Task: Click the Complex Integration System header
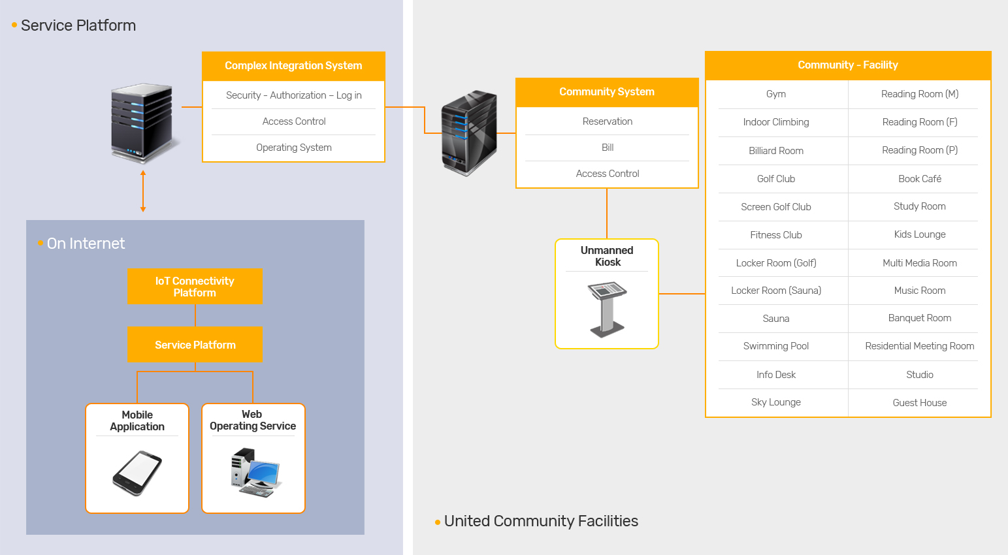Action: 293,66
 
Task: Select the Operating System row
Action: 293,148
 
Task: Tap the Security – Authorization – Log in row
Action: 293,95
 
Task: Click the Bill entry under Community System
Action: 607,148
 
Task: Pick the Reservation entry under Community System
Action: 607,121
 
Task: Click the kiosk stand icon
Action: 607,309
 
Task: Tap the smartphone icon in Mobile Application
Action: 137,473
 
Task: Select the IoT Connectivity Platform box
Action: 195,287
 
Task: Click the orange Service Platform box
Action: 195,345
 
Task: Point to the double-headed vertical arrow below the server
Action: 143,191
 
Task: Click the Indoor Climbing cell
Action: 776,122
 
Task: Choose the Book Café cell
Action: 919,179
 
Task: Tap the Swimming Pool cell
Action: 776,346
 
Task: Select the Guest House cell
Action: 919,403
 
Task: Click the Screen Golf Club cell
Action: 776,207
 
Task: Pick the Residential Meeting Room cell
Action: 919,346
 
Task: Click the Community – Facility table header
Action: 847,65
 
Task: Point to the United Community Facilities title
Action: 540,521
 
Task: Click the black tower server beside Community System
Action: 469,133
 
